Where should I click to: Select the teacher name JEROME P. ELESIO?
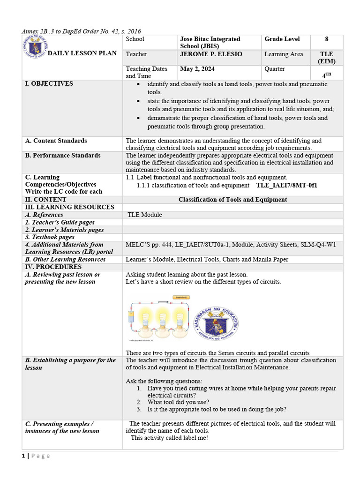[211, 54]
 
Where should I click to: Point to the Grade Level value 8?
[326, 39]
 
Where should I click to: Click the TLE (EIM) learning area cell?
[326, 58]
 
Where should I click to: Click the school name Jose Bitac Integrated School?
[210, 42]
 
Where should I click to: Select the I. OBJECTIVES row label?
[49, 84]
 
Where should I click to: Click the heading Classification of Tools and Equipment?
[232, 200]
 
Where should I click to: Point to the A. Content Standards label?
[56, 141]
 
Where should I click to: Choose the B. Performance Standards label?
[62, 155]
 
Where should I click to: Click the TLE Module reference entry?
[145, 215]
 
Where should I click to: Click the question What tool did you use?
[178, 402]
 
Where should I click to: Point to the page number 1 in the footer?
[23, 456]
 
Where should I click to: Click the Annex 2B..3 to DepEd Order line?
[81, 31]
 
